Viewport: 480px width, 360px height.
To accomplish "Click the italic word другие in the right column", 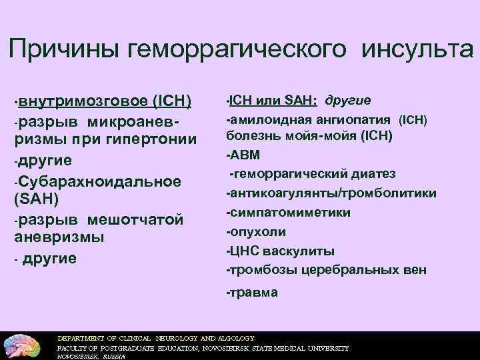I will point(348,101).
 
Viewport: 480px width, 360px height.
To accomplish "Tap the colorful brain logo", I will point(24,345).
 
